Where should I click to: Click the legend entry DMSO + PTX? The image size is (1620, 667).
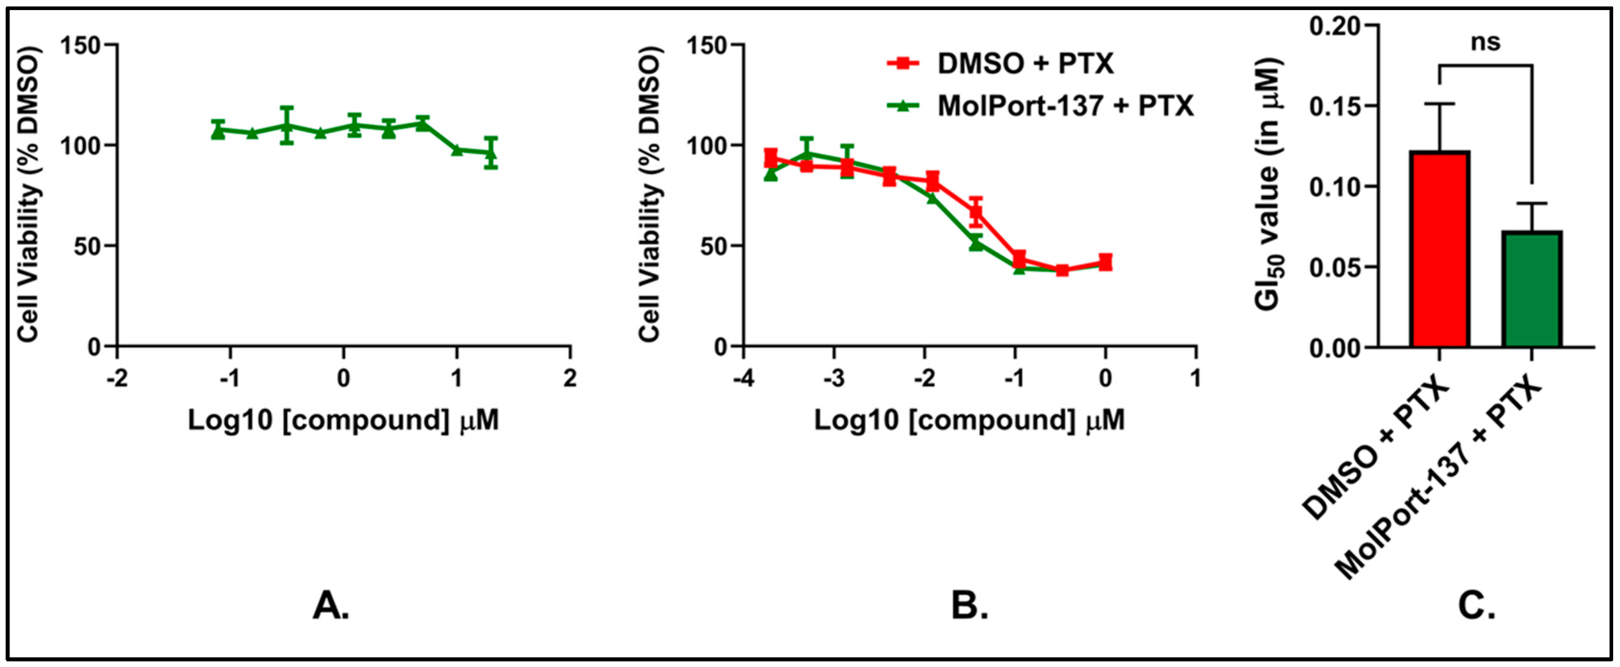tap(1025, 64)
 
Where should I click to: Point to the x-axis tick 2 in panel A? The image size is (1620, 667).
tap(570, 379)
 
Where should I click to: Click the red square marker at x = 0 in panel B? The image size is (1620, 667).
tap(1105, 263)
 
